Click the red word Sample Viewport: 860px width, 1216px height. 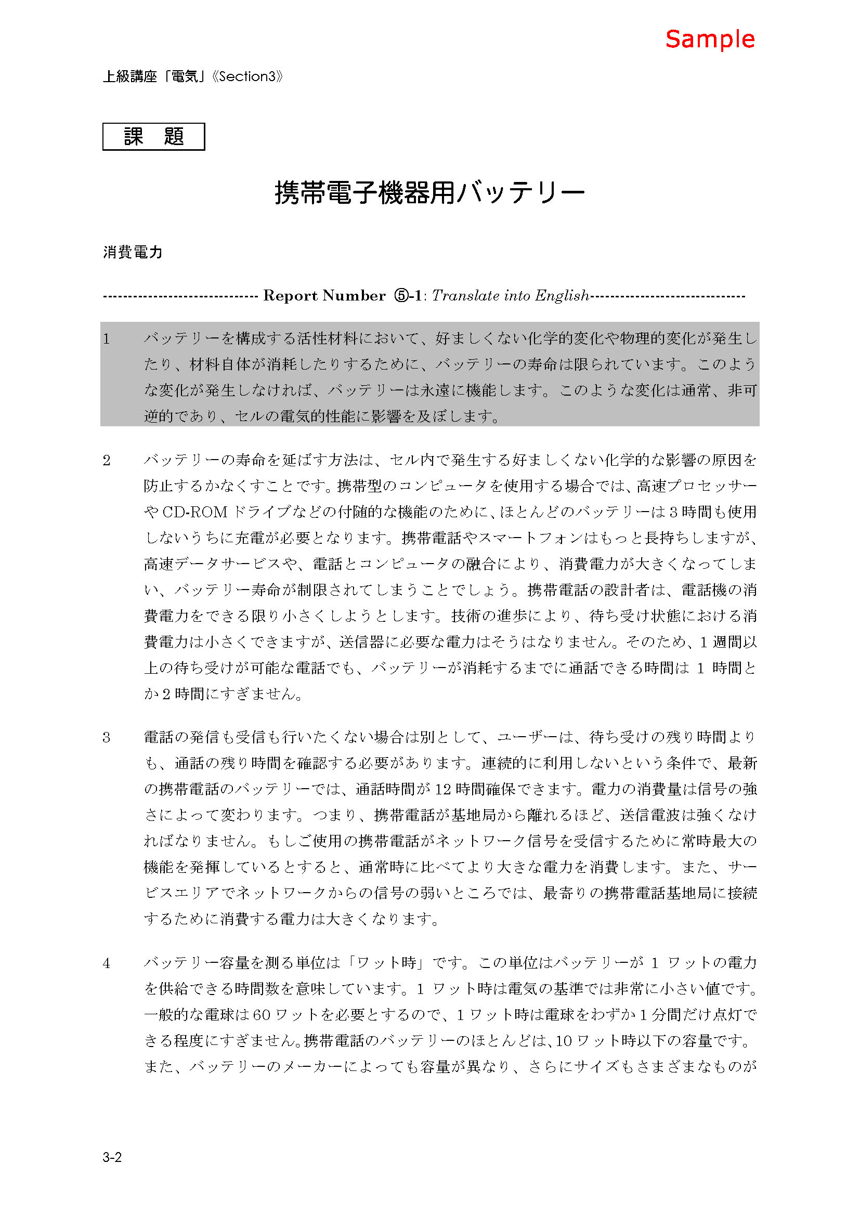[x=710, y=40]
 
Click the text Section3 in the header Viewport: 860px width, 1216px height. [x=247, y=77]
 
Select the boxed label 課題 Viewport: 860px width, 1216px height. [x=153, y=137]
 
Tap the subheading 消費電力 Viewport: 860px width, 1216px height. [x=133, y=252]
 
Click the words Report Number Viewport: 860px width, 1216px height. [x=324, y=295]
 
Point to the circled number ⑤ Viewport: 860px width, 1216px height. [x=401, y=295]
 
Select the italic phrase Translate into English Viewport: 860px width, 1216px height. [x=510, y=295]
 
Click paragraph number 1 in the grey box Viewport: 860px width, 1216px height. [x=107, y=339]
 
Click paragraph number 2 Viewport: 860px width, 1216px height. [x=107, y=460]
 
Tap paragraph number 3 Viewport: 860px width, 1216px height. [x=107, y=737]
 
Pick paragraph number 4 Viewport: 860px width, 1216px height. [x=107, y=963]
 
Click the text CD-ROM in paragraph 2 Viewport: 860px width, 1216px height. [x=194, y=512]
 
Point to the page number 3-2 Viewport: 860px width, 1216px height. [x=112, y=1157]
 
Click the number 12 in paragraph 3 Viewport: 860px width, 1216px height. [x=442, y=790]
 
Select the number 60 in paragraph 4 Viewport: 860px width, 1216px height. [x=262, y=1015]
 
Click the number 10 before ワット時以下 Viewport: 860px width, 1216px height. [x=564, y=1041]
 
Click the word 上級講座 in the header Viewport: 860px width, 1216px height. [x=130, y=77]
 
